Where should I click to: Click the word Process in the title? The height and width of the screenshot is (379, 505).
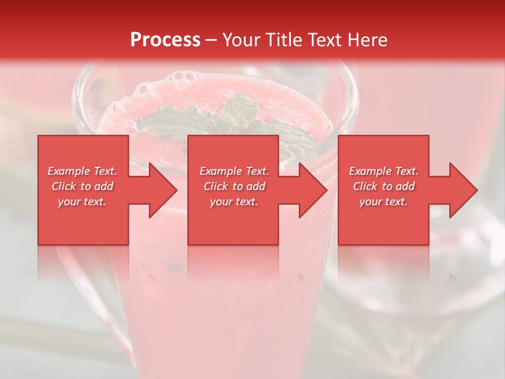pyautogui.click(x=165, y=40)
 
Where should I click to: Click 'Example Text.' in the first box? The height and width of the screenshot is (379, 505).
pyautogui.click(x=83, y=171)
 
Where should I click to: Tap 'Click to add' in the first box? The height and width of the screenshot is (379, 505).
pyautogui.click(x=83, y=186)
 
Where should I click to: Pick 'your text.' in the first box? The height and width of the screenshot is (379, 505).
pyautogui.click(x=83, y=202)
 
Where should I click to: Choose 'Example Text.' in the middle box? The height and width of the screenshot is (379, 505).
pyautogui.click(x=234, y=171)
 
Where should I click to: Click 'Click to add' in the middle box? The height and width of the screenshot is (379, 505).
pyautogui.click(x=234, y=186)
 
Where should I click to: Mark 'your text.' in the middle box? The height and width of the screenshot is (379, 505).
pyautogui.click(x=234, y=202)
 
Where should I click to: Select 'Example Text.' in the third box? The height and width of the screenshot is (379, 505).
pyautogui.click(x=383, y=171)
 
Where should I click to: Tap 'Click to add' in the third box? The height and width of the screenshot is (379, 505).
pyautogui.click(x=383, y=186)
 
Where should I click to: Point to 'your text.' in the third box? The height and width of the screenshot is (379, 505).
pyautogui.click(x=383, y=202)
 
